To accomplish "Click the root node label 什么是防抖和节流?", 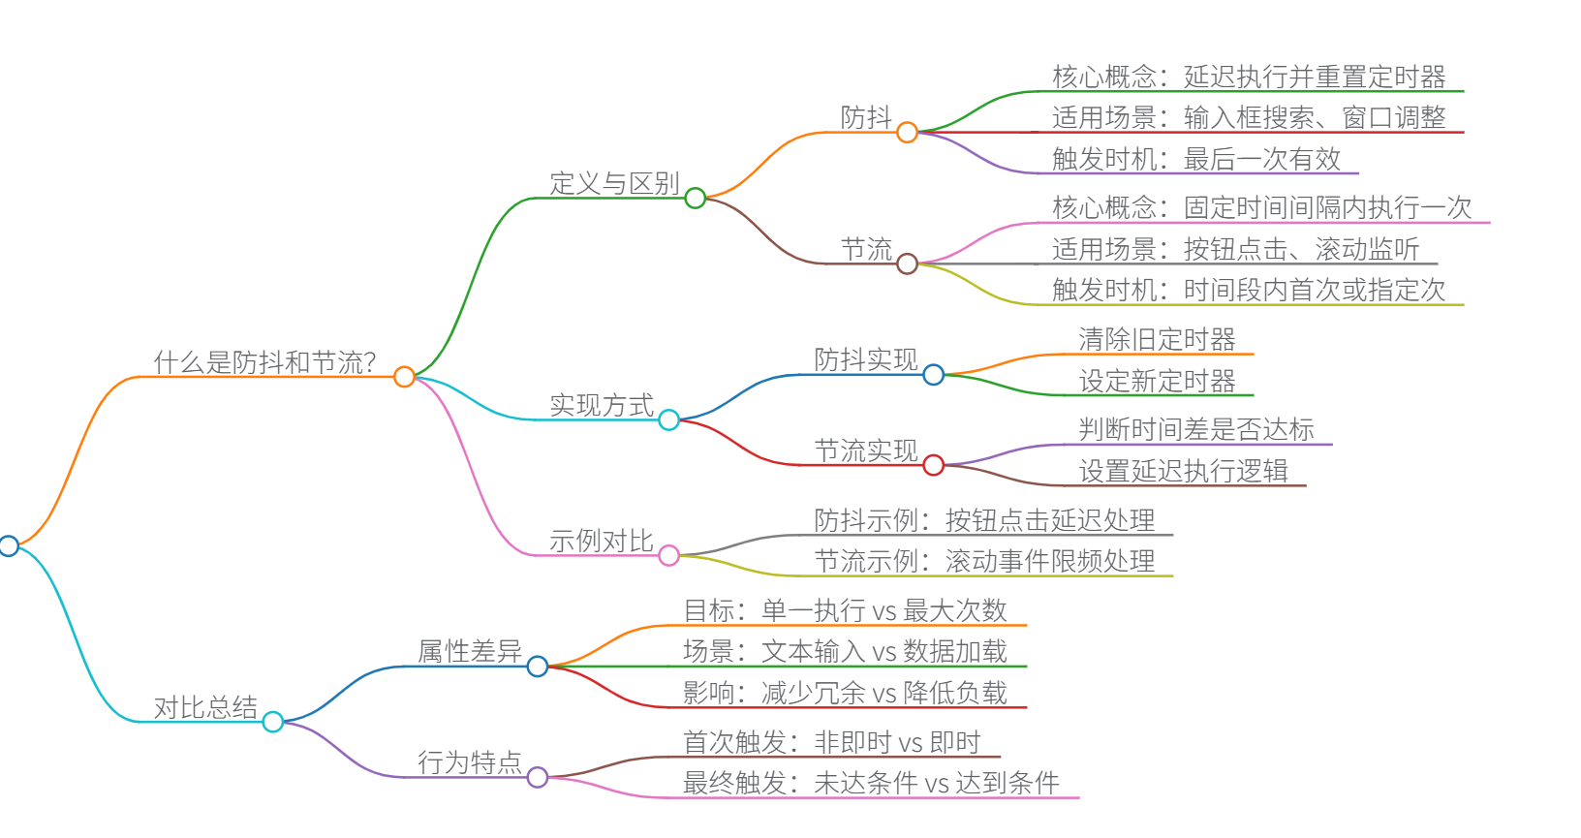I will pos(264,362).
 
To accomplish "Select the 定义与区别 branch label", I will pos(614,183).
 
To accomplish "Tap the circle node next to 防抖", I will pos(907,133).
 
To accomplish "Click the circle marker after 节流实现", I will pos(933,465).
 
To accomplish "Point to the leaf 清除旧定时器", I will pos(1157,339).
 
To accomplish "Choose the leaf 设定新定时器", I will pos(1157,381).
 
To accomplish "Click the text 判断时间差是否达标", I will pos(1196,429).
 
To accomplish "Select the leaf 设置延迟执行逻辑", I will pos(1183,471).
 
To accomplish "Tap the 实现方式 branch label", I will pos(601,405).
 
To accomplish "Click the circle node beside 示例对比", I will pos(668,555).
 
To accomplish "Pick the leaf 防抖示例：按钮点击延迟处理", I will pos(984,520).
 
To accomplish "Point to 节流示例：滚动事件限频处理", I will pos(984,561).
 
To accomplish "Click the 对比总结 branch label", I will pos(205,707).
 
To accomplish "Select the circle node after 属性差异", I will pos(538,667).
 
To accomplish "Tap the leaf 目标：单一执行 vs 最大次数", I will pos(845,610).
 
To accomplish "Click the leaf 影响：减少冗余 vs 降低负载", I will pos(845,693).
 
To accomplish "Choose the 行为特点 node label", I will pos(470,762).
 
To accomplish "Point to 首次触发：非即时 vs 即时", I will pos(831,742).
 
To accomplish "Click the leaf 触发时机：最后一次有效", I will pos(1195,159).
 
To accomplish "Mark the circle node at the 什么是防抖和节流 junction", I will pos(405,377).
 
